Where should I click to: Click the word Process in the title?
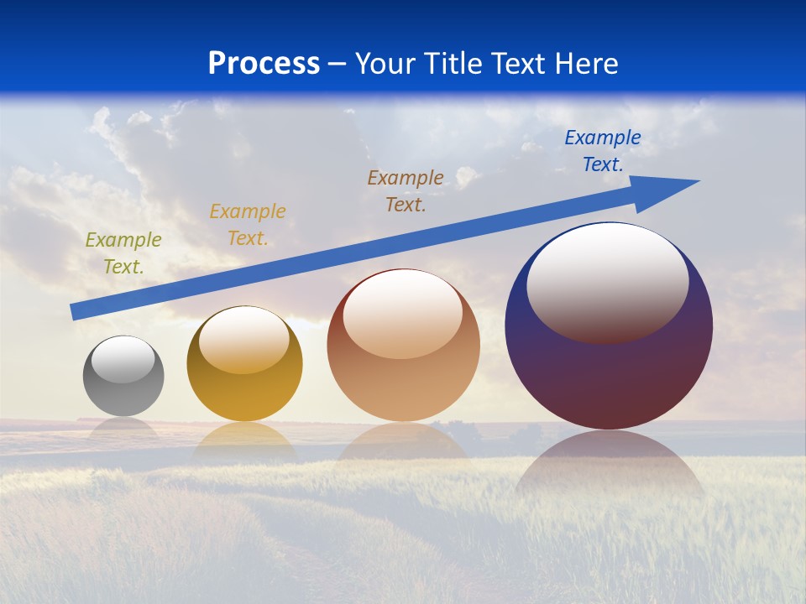click(x=264, y=64)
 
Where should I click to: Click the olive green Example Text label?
click(x=123, y=253)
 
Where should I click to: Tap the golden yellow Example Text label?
click(x=248, y=224)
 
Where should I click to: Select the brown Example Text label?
click(x=406, y=190)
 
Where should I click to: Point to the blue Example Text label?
click(x=603, y=150)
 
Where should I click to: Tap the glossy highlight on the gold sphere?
click(x=244, y=340)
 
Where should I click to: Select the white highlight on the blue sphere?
click(x=608, y=281)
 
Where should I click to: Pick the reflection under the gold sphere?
click(x=244, y=440)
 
